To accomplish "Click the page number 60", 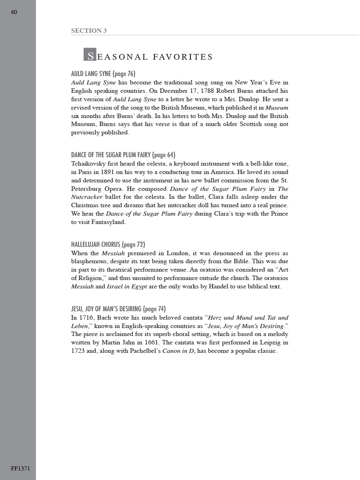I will tap(14, 12).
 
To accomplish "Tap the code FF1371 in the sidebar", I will tap(20, 468).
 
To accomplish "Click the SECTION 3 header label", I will tap(89, 30).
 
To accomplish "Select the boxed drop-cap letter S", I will tap(90, 55).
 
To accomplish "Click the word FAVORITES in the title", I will tap(183, 57).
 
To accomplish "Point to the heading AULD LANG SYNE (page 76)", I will tap(103, 74).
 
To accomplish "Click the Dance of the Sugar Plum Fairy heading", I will tap(123, 155).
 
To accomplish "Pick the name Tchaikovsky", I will tap(90, 164).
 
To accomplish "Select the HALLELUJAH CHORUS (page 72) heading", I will tap(108, 244).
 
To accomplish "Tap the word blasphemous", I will tap(91, 261).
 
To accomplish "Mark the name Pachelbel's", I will tap(145, 351).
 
